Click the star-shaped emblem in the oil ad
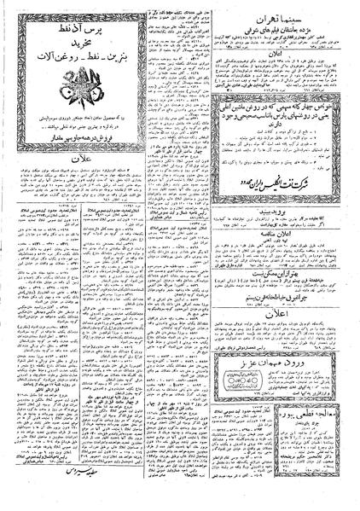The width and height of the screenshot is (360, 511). tap(56, 94)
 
